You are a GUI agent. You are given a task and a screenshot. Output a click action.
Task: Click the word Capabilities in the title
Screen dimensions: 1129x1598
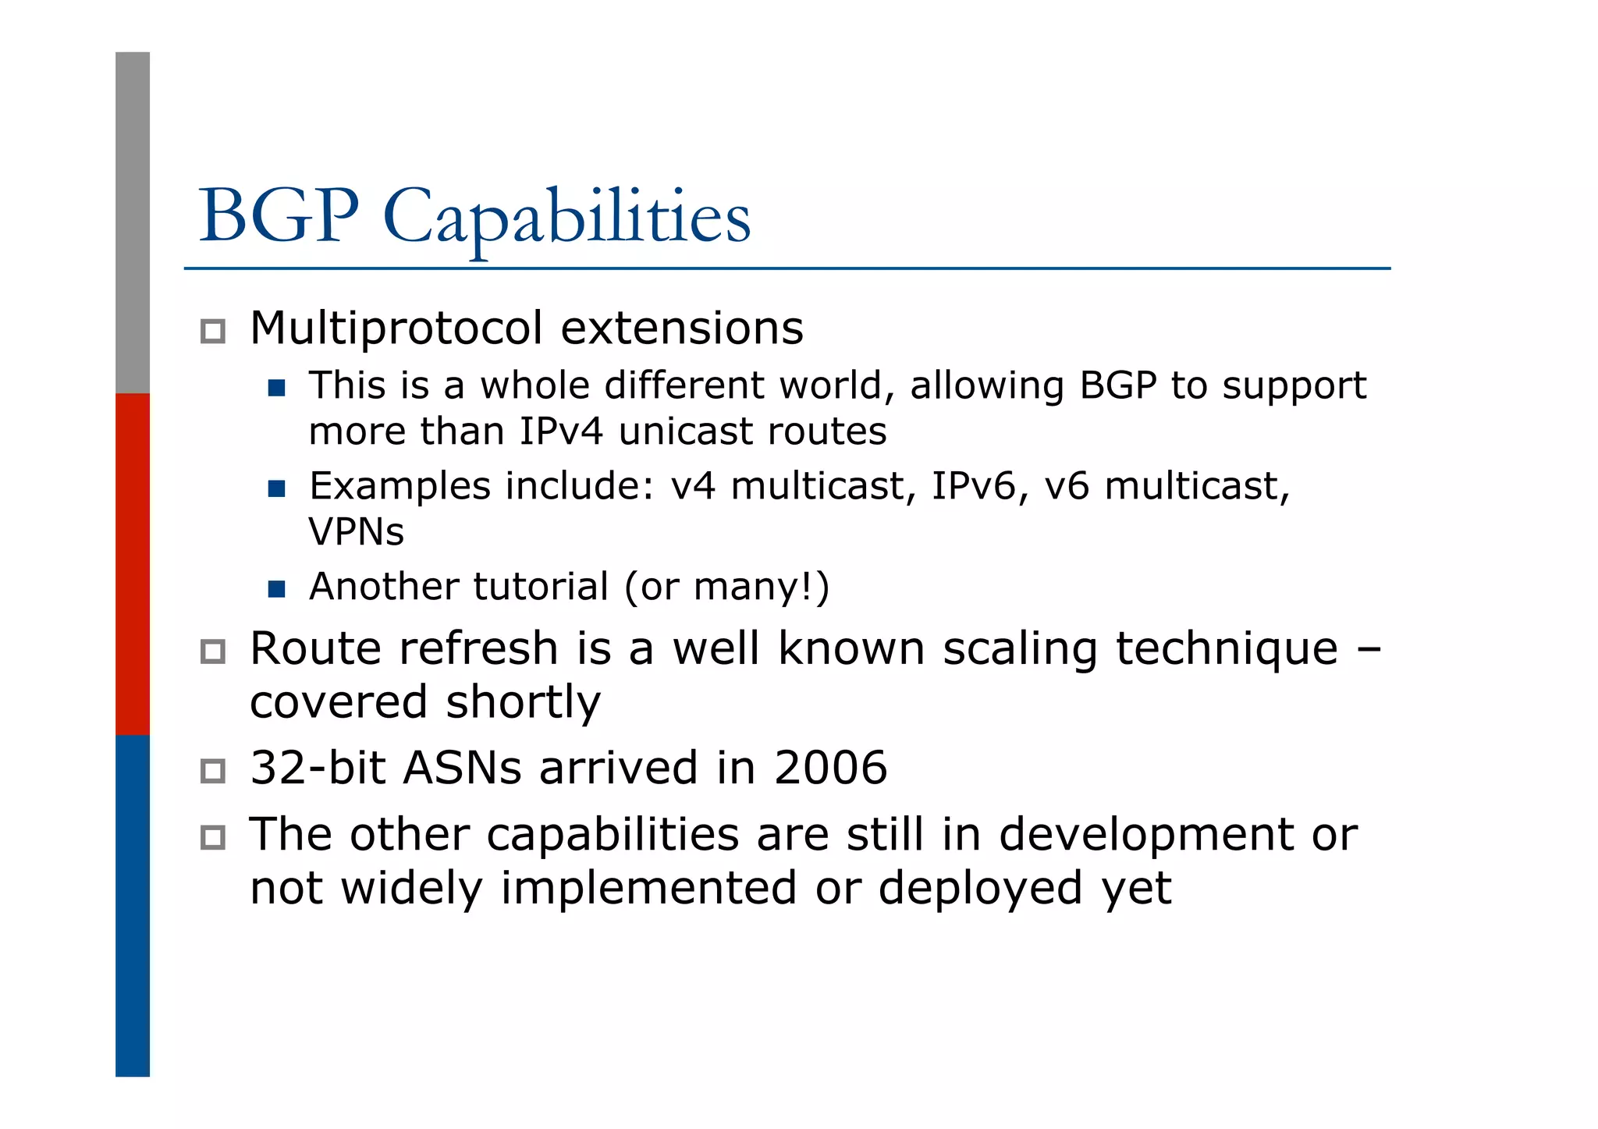point(567,216)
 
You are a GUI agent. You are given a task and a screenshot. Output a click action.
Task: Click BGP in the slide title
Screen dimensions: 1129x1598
point(279,216)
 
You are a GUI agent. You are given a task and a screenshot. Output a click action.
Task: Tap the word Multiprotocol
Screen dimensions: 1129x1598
point(396,328)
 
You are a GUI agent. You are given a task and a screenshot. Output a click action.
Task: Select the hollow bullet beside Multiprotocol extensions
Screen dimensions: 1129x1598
point(212,332)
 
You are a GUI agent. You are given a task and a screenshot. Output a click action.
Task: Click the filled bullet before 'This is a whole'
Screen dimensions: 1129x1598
point(276,388)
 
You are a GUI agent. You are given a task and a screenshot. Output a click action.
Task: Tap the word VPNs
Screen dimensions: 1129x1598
point(356,532)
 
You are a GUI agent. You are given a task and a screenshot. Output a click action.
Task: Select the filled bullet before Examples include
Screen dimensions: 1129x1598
point(276,489)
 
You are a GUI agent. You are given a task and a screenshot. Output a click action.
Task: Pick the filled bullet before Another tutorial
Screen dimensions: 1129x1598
point(276,589)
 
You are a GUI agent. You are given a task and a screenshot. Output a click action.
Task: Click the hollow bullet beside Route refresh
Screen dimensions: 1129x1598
point(212,651)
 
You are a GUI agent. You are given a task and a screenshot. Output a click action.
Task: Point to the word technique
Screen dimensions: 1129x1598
point(1227,650)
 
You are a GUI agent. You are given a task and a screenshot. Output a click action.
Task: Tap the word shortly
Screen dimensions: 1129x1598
point(523,702)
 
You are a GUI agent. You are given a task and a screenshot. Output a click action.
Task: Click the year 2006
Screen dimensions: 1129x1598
point(830,768)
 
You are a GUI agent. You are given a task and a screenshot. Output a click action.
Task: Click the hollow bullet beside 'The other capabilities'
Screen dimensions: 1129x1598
point(212,838)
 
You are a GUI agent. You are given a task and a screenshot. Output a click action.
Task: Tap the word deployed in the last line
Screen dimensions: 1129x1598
point(980,889)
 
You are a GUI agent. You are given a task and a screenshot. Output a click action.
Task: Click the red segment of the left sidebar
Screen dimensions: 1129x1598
point(133,563)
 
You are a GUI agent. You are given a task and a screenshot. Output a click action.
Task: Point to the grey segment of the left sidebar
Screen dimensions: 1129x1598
point(133,222)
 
